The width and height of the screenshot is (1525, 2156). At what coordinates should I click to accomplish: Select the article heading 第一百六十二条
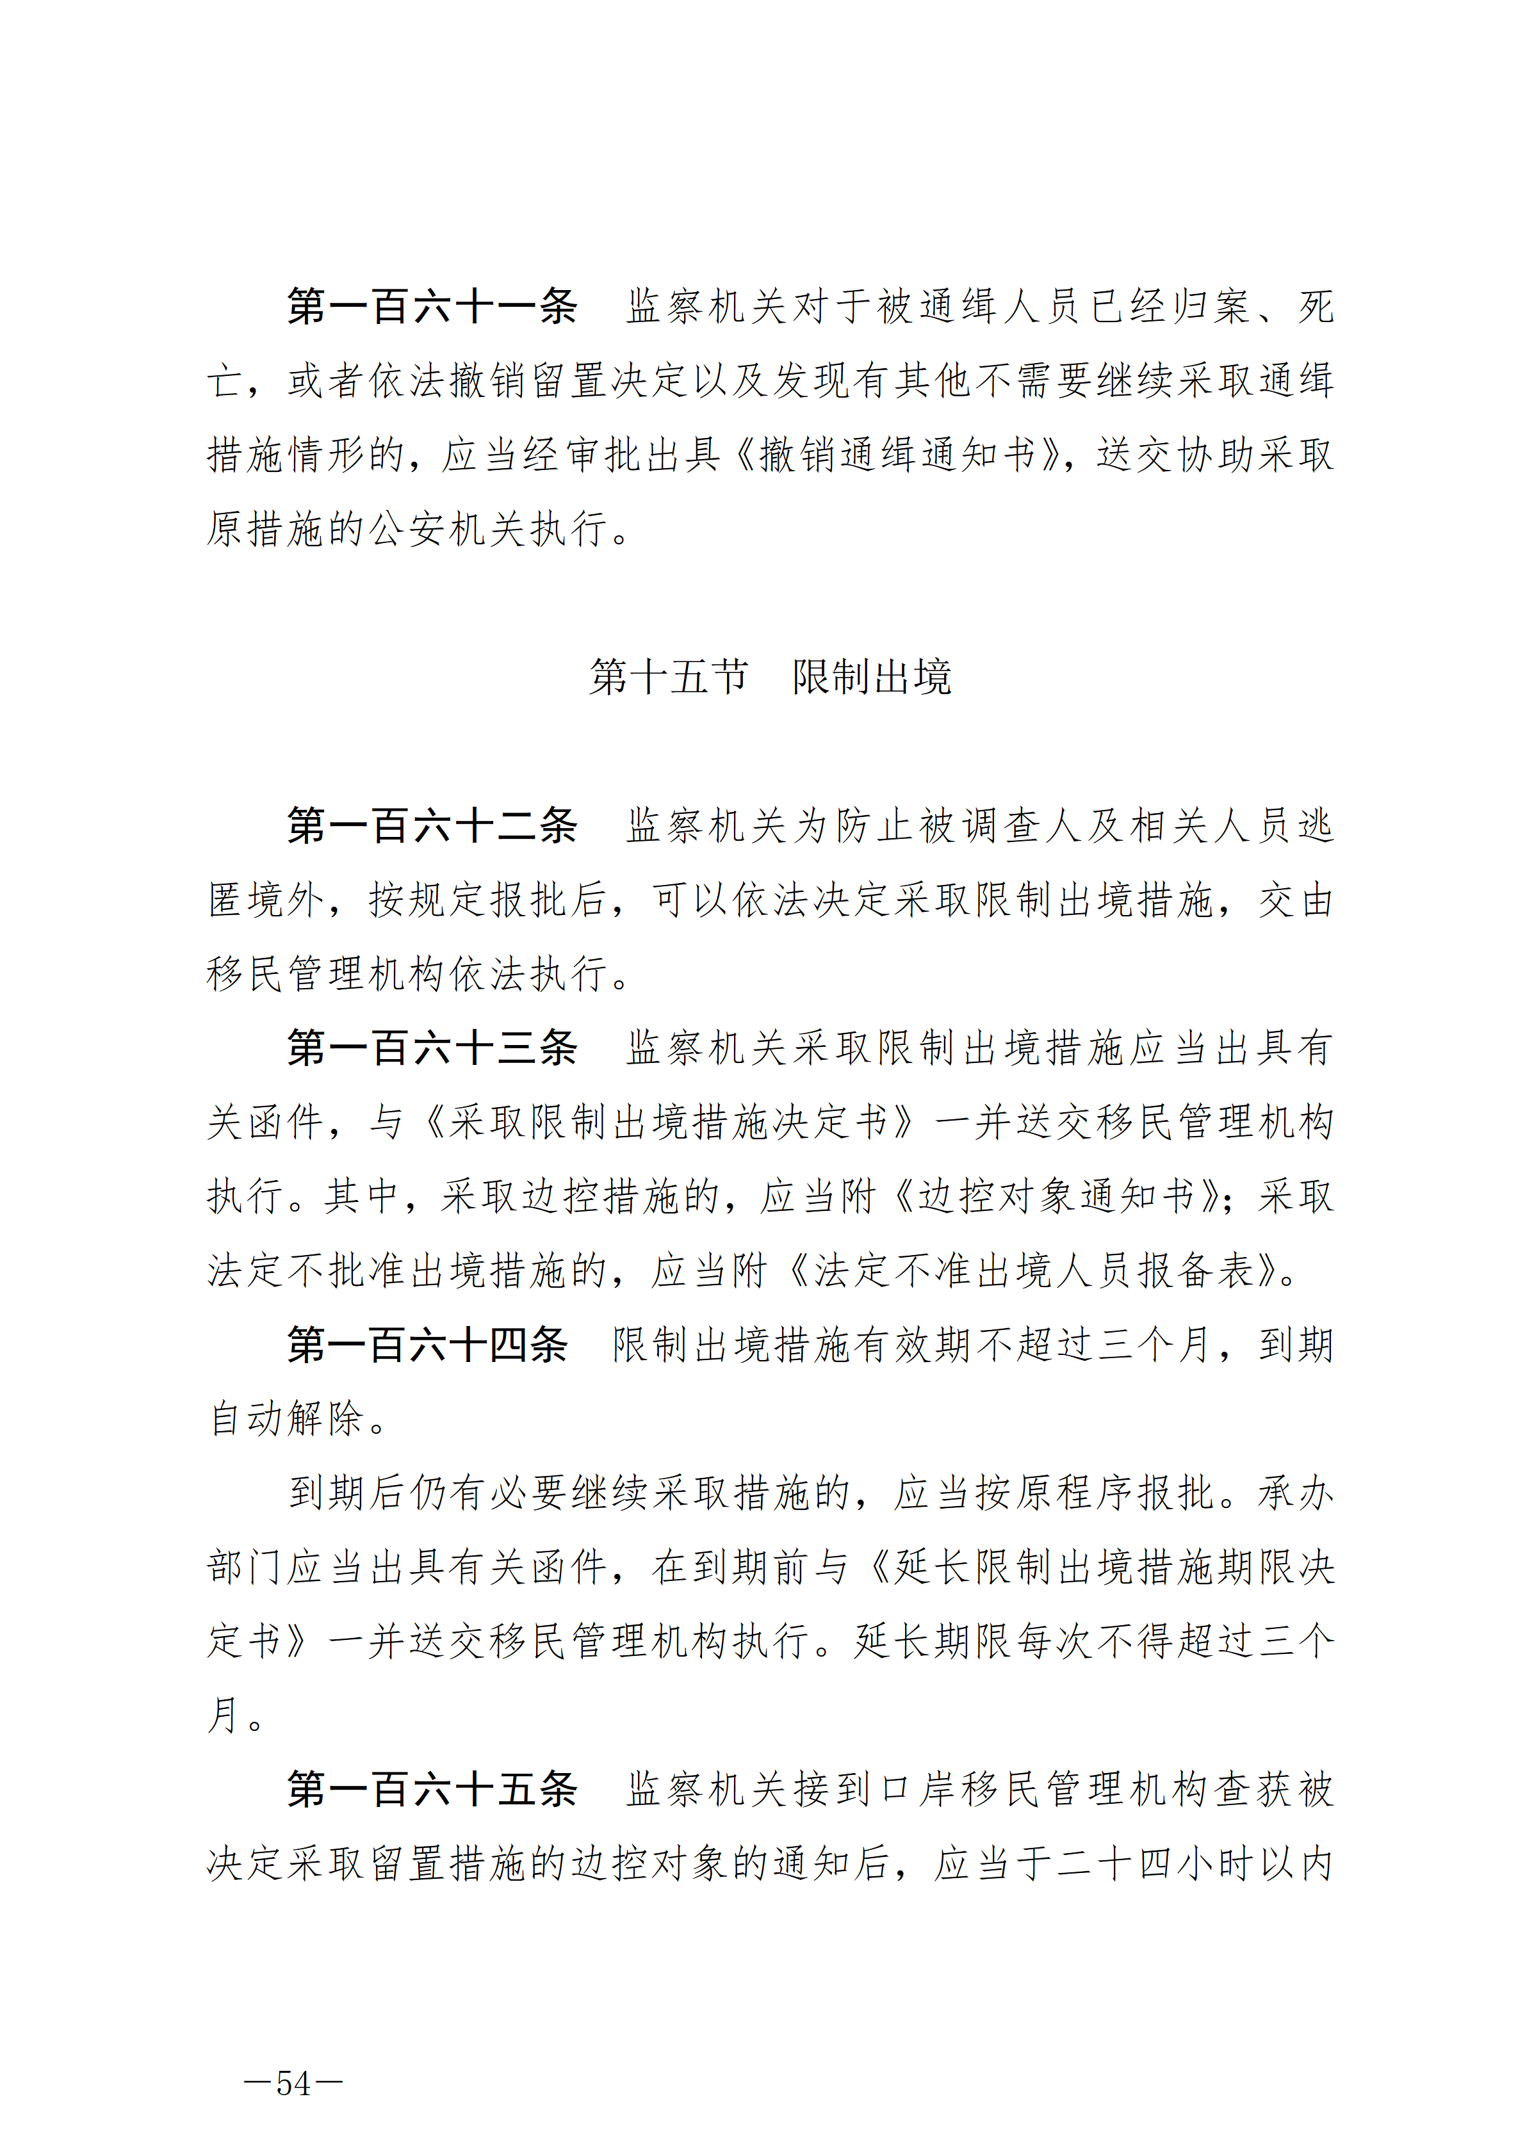pos(432,826)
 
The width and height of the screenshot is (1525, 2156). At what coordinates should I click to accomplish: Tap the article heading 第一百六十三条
pos(432,1048)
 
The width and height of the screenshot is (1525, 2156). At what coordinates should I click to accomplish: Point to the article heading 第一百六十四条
pos(427,1345)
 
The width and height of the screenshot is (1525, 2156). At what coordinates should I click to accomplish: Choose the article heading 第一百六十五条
pos(432,1789)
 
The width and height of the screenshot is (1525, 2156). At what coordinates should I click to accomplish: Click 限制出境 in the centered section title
pos(872,677)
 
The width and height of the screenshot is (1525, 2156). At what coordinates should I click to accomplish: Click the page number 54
pos(293,2084)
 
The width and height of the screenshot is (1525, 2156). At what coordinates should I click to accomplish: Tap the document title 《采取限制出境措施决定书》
pos(669,1122)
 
